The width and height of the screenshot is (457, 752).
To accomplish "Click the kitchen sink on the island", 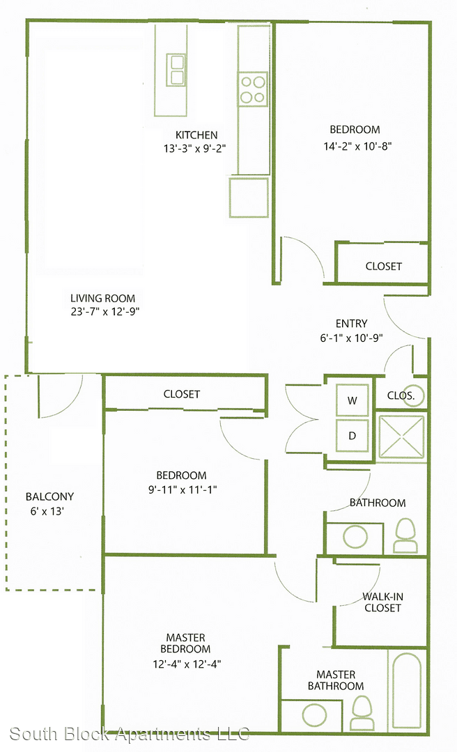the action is tap(176, 70).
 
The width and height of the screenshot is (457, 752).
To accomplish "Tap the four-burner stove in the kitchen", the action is tap(253, 89).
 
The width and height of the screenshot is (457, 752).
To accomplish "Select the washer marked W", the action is tap(353, 400).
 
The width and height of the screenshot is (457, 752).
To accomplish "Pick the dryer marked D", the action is tap(353, 435).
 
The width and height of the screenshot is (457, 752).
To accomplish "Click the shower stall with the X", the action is tap(402, 437).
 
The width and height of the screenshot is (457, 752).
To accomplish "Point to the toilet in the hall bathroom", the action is tap(405, 535).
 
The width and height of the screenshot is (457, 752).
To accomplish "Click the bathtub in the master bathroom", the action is tap(407, 691).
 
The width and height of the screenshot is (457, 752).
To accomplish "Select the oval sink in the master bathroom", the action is tap(314, 715).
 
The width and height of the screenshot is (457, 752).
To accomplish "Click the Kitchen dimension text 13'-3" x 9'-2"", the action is tap(195, 148).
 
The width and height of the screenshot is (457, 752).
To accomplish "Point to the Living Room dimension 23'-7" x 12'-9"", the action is tap(105, 311).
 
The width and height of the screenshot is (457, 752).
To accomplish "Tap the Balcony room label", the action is tap(50, 496).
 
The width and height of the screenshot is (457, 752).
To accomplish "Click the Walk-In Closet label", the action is tap(382, 602).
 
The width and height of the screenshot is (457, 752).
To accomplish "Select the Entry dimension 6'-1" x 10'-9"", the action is tap(351, 338).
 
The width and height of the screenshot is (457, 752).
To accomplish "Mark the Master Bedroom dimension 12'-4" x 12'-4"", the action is tap(187, 664).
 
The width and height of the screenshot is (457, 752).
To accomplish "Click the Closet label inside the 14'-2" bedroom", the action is tap(384, 266).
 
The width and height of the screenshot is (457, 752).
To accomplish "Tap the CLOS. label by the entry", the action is tap(401, 395).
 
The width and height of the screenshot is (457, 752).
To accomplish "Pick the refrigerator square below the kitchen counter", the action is tap(249, 198).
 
